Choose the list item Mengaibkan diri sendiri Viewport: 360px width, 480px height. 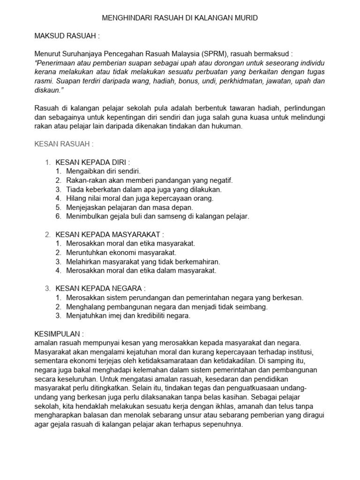[x=104, y=171]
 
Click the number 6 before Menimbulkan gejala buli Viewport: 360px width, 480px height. [x=58, y=216]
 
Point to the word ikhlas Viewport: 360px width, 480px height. [x=195, y=406]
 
